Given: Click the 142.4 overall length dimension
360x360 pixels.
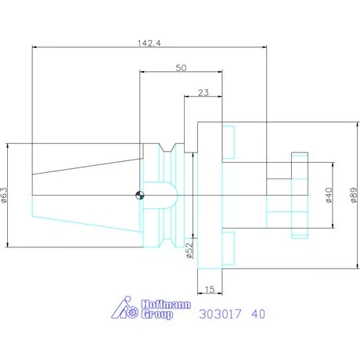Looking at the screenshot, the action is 149,43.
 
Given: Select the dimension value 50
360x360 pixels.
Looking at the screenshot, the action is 181,68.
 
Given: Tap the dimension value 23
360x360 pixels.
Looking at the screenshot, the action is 203,92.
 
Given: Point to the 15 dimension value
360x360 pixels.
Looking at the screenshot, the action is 210,290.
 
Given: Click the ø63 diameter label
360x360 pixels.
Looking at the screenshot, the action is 4,195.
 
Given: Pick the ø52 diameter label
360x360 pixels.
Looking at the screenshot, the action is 189,250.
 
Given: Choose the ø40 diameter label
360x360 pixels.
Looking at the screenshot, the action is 329,195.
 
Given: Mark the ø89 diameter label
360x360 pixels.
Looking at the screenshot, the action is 354,195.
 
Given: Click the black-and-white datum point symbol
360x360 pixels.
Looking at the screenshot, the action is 140,195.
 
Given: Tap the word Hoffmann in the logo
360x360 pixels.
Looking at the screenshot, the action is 166,304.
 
